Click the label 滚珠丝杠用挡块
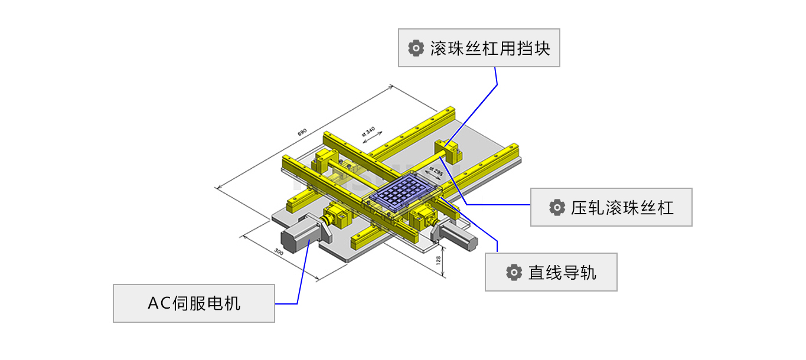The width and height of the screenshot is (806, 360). [x=490, y=48]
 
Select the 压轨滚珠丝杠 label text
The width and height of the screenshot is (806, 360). [x=622, y=208]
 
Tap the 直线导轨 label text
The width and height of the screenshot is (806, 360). [x=562, y=272]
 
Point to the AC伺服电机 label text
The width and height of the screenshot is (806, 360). [x=194, y=303]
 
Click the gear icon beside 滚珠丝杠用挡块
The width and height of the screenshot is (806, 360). [x=416, y=48]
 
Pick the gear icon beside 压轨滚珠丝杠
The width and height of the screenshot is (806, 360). [x=556, y=208]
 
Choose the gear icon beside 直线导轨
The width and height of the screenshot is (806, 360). [x=514, y=272]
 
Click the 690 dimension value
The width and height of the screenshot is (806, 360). [x=302, y=133]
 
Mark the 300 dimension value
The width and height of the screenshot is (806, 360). [x=279, y=252]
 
